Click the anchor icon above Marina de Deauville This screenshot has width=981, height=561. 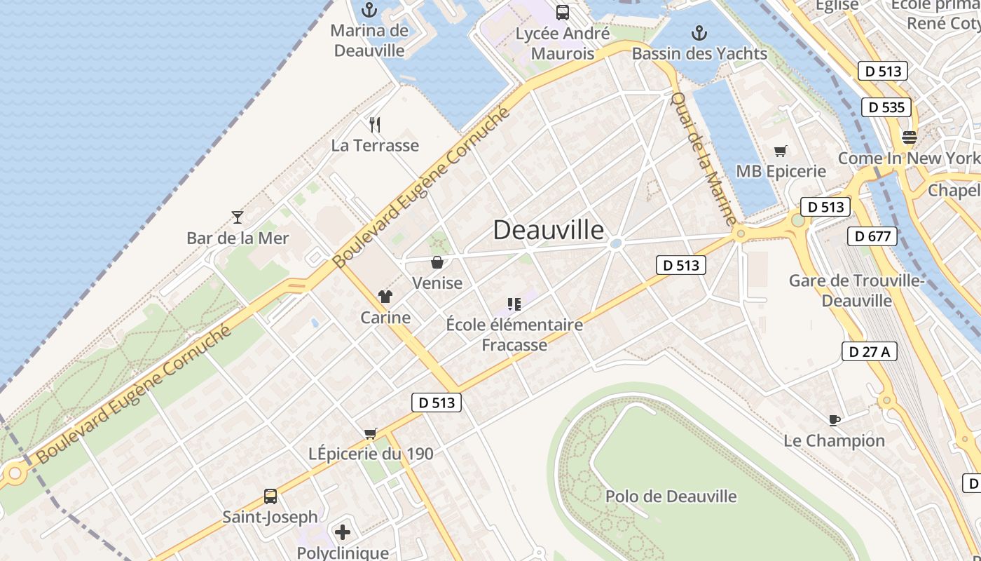click(x=369, y=10)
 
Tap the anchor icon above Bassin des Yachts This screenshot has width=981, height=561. click(x=699, y=32)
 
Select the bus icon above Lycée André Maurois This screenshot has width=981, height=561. click(x=562, y=12)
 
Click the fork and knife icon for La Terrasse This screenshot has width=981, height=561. click(x=375, y=125)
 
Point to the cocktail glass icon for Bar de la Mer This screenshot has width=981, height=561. click(x=238, y=217)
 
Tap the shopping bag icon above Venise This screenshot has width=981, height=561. click(x=437, y=262)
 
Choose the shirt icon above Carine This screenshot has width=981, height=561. click(x=385, y=297)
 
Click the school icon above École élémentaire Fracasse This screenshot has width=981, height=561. click(x=514, y=304)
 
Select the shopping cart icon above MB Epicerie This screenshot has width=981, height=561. click(x=781, y=151)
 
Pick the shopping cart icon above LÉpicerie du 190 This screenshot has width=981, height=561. click(x=371, y=433)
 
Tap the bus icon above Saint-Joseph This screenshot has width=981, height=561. click(x=270, y=496)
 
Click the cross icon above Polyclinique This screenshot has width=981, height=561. click(x=343, y=532)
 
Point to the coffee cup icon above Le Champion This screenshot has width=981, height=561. click(x=834, y=420)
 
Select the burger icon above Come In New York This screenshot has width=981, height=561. click(x=910, y=137)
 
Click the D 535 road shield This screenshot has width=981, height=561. click(x=886, y=107)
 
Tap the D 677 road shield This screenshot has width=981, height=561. click(x=872, y=236)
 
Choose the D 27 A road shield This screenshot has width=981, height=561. click(x=869, y=351)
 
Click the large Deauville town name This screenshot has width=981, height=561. click(x=549, y=230)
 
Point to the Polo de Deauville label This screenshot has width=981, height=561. click(x=671, y=496)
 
